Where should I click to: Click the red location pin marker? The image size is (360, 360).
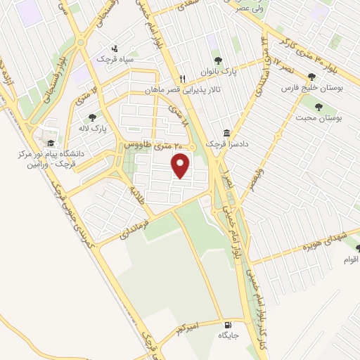[181, 166]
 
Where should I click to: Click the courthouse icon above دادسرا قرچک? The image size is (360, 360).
[226, 133]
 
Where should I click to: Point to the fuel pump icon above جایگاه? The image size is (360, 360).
[228, 325]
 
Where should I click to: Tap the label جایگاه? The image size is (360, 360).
[229, 335]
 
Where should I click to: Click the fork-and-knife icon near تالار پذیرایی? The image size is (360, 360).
[182, 79]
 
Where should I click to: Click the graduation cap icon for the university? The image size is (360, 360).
[51, 143]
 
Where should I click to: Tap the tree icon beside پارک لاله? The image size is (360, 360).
[92, 117]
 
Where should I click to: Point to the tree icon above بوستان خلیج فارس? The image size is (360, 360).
[311, 77]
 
